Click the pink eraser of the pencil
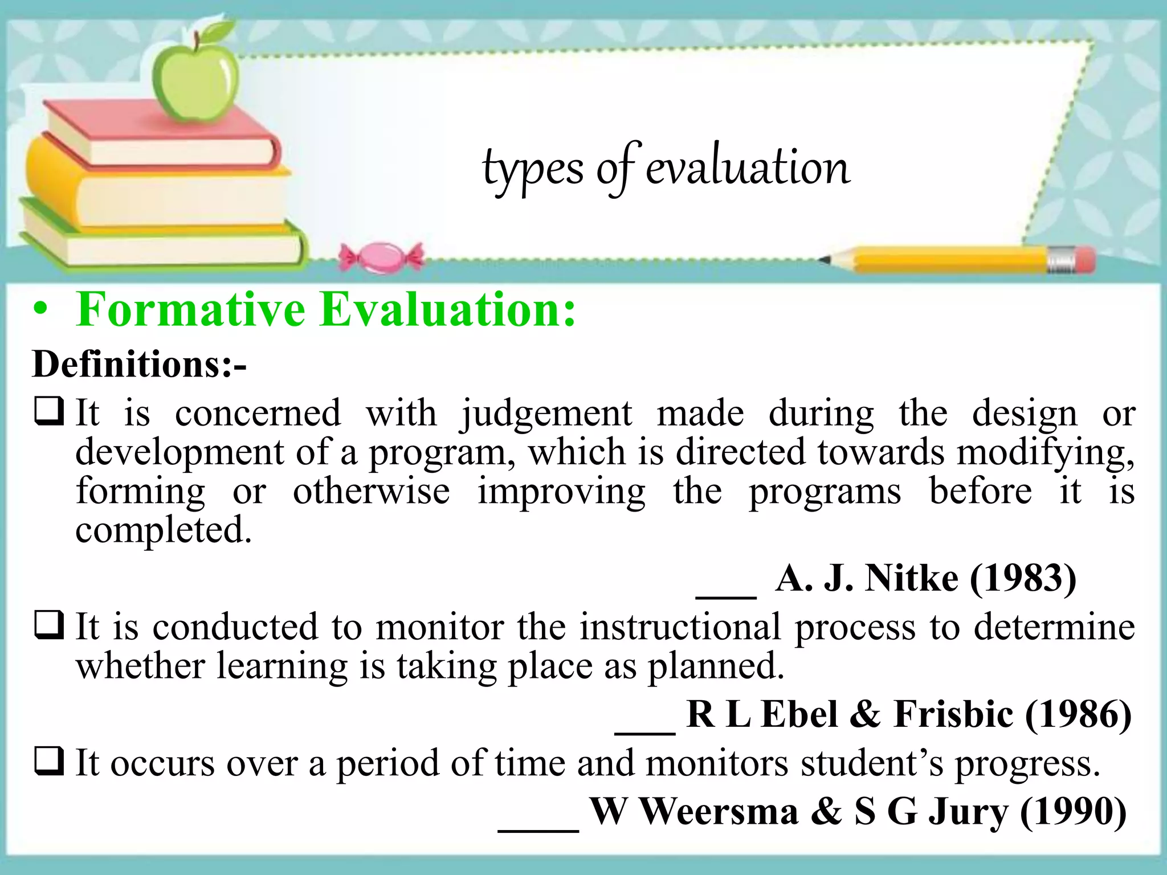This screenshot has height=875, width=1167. tap(1084, 259)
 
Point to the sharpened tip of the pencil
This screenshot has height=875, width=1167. tap(824, 260)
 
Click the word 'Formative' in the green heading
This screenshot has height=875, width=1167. tap(191, 309)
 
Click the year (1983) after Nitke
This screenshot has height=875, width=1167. tap(1023, 578)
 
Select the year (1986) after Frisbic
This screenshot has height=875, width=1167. tap(1078, 714)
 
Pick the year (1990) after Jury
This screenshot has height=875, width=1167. tap(1074, 811)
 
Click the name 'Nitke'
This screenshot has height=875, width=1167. tap(911, 578)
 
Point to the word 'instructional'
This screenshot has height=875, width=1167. tap(680, 627)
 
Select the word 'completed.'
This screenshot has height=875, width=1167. tap(164, 530)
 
